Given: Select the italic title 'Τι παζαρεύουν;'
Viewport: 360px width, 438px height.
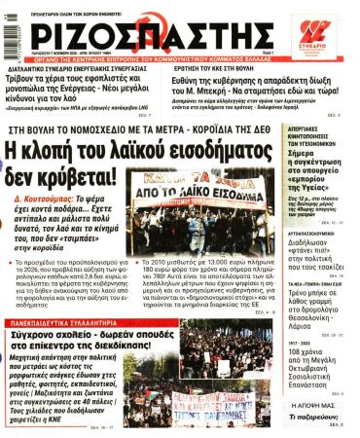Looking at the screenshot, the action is click(322, 415).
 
